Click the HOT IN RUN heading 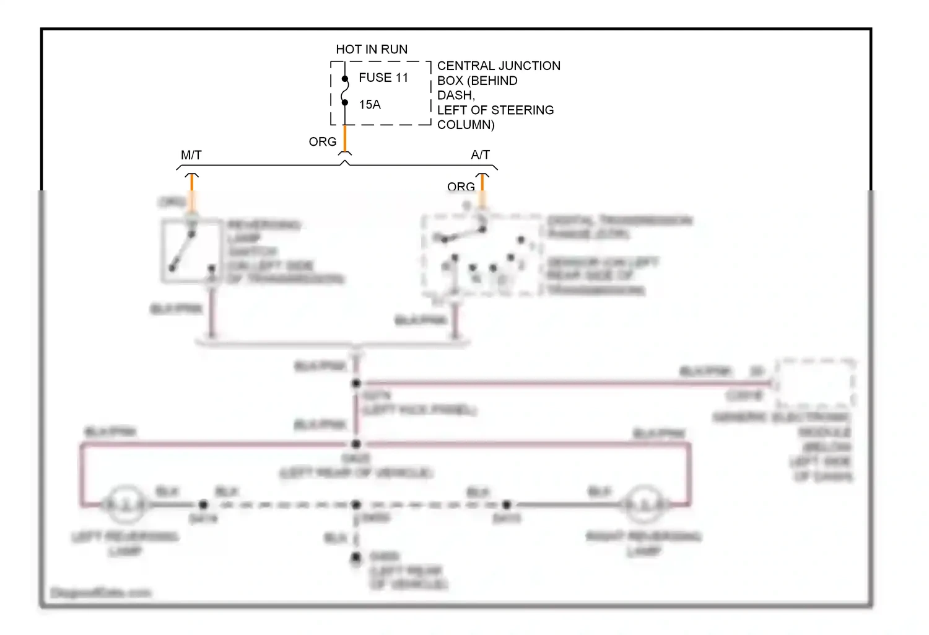(x=372, y=50)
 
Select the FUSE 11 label (x=383, y=78)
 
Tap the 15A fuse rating (x=370, y=105)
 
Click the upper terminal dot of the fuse (x=345, y=79)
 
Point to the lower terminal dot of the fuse (x=345, y=102)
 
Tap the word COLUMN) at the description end (x=466, y=125)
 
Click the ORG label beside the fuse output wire (x=323, y=142)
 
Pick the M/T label (x=191, y=155)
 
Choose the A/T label (x=480, y=155)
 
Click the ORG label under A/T (x=461, y=187)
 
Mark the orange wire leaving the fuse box (x=345, y=138)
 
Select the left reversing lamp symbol (x=125, y=505)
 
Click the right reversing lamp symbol (x=644, y=505)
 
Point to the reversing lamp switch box (x=191, y=251)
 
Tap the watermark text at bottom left (x=100, y=593)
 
